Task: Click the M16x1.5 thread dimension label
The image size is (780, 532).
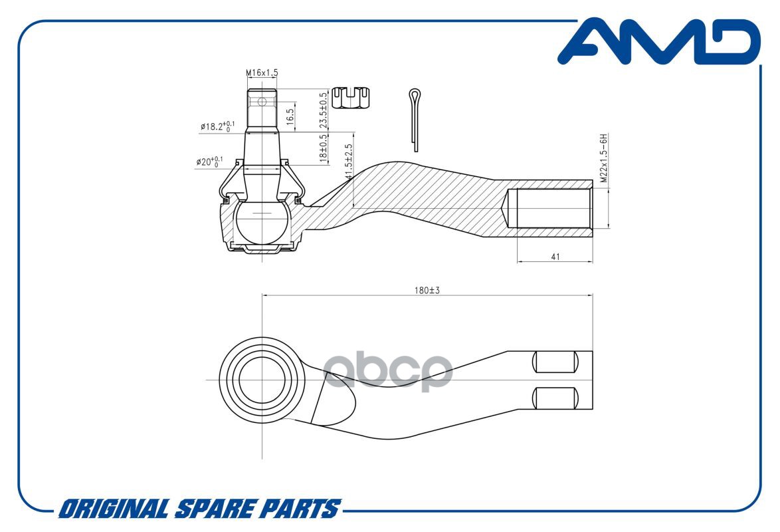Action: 262,72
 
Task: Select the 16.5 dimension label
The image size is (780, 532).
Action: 290,116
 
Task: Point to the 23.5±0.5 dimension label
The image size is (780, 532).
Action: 324,110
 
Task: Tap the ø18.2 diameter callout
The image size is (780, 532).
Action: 217,126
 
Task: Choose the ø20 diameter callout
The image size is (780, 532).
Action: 209,162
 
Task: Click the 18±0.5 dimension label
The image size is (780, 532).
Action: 324,148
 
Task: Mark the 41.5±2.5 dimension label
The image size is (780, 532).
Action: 348,162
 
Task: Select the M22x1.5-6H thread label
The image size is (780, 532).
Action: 603,158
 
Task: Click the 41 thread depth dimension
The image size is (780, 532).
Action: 555,257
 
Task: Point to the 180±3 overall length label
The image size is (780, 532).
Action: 427,290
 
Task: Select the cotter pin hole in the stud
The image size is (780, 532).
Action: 262,102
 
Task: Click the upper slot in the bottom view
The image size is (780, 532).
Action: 555,362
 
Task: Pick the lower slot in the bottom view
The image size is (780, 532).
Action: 555,398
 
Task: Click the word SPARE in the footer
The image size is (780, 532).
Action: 215,509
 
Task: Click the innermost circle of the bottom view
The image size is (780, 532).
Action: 262,380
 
